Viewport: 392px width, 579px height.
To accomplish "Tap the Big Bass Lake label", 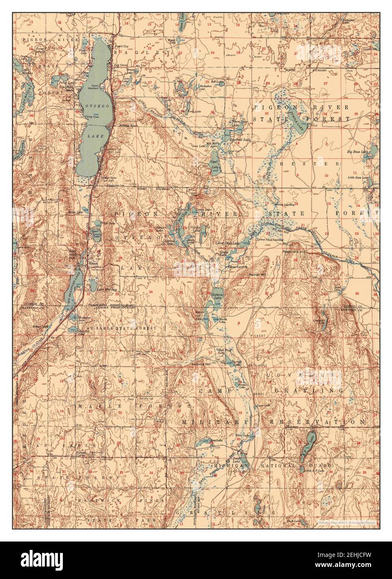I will [358, 152].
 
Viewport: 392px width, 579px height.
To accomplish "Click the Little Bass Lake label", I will [358, 178].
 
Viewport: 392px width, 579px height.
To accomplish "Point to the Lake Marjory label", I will [107, 289].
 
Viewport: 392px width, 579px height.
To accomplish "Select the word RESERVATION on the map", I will [319, 422].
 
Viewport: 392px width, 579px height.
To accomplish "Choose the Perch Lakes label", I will [66, 83].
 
